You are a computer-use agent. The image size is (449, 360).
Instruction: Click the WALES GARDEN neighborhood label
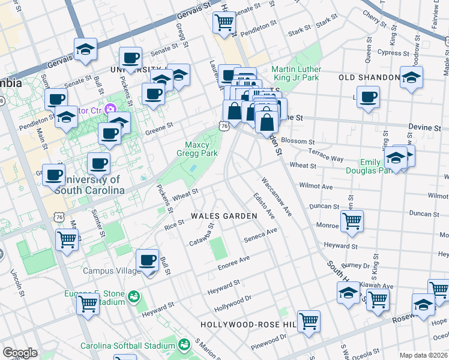[x=220, y=215]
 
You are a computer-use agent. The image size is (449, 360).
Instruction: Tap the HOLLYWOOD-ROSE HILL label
[x=249, y=325]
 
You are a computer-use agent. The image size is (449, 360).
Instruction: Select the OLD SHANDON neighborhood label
[x=369, y=77]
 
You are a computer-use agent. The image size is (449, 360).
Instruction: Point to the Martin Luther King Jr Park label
[x=296, y=73]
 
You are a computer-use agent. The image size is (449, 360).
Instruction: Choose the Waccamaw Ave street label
[x=276, y=196]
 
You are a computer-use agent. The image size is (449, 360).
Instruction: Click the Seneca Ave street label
[x=261, y=235]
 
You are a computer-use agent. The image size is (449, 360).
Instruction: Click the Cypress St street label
[x=394, y=53]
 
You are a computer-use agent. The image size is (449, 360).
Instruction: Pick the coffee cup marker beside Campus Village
[x=147, y=260]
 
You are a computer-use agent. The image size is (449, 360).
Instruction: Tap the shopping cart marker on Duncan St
[x=351, y=221]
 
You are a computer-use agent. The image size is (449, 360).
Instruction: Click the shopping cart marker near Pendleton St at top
[x=224, y=23]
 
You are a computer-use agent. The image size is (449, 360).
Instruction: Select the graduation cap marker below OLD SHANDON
[x=411, y=77]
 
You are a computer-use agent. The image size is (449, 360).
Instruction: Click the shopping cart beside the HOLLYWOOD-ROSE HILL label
[x=309, y=321]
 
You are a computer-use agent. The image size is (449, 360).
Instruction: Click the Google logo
[x=20, y=353]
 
